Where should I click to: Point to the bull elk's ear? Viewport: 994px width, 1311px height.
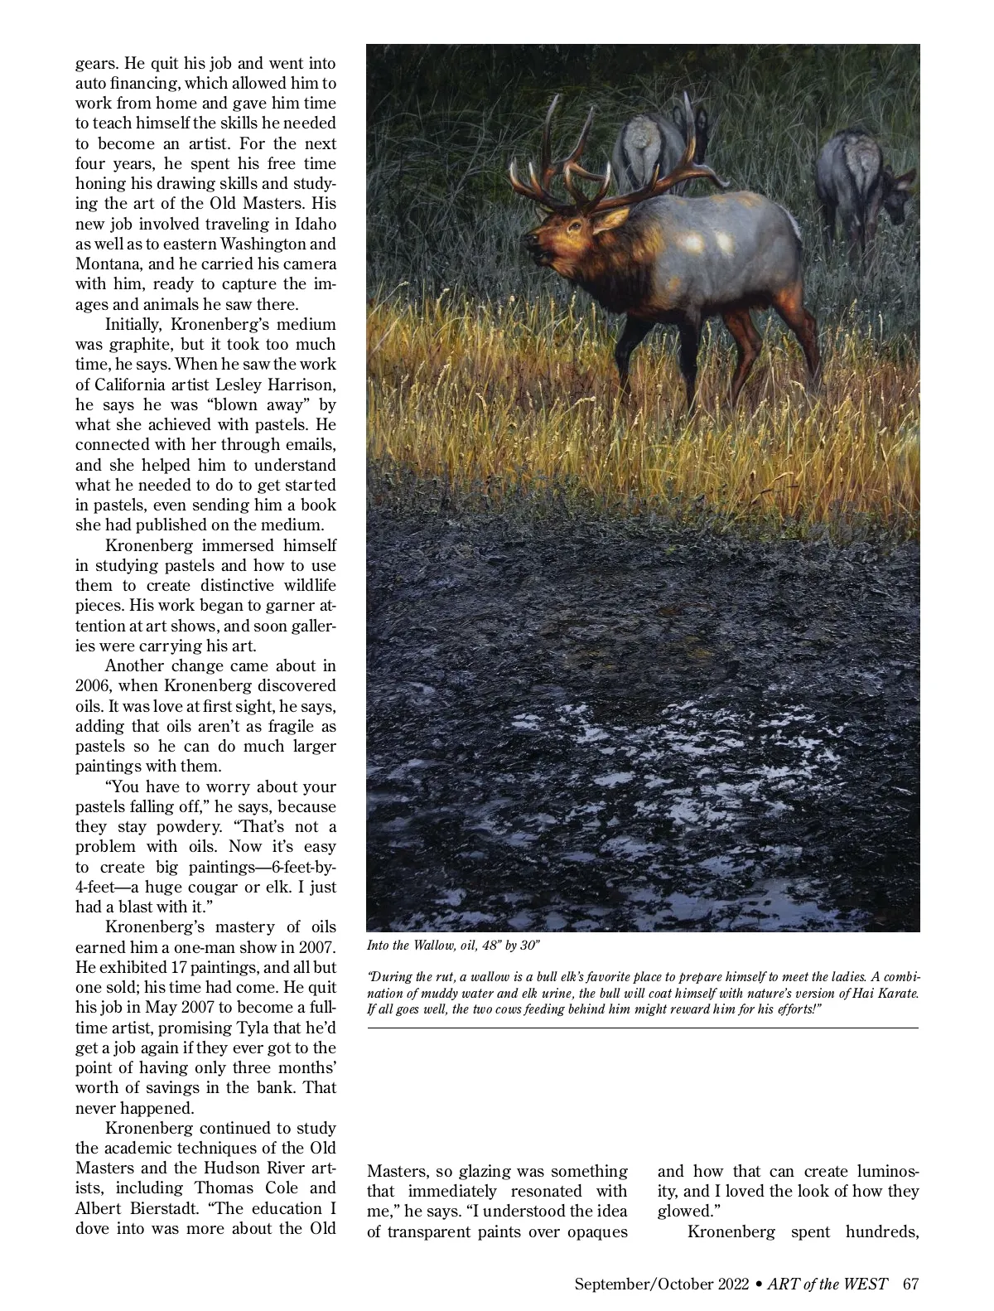pyautogui.click(x=610, y=219)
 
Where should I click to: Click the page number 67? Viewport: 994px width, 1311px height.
pyautogui.click(x=911, y=1284)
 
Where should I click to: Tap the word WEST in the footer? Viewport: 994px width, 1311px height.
pyautogui.click(x=866, y=1284)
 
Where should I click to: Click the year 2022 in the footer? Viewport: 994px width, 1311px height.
pyautogui.click(x=727, y=1284)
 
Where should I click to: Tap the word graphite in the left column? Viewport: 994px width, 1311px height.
pyautogui.click(x=108, y=345)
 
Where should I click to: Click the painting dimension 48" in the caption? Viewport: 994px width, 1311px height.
pyautogui.click(x=484, y=946)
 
